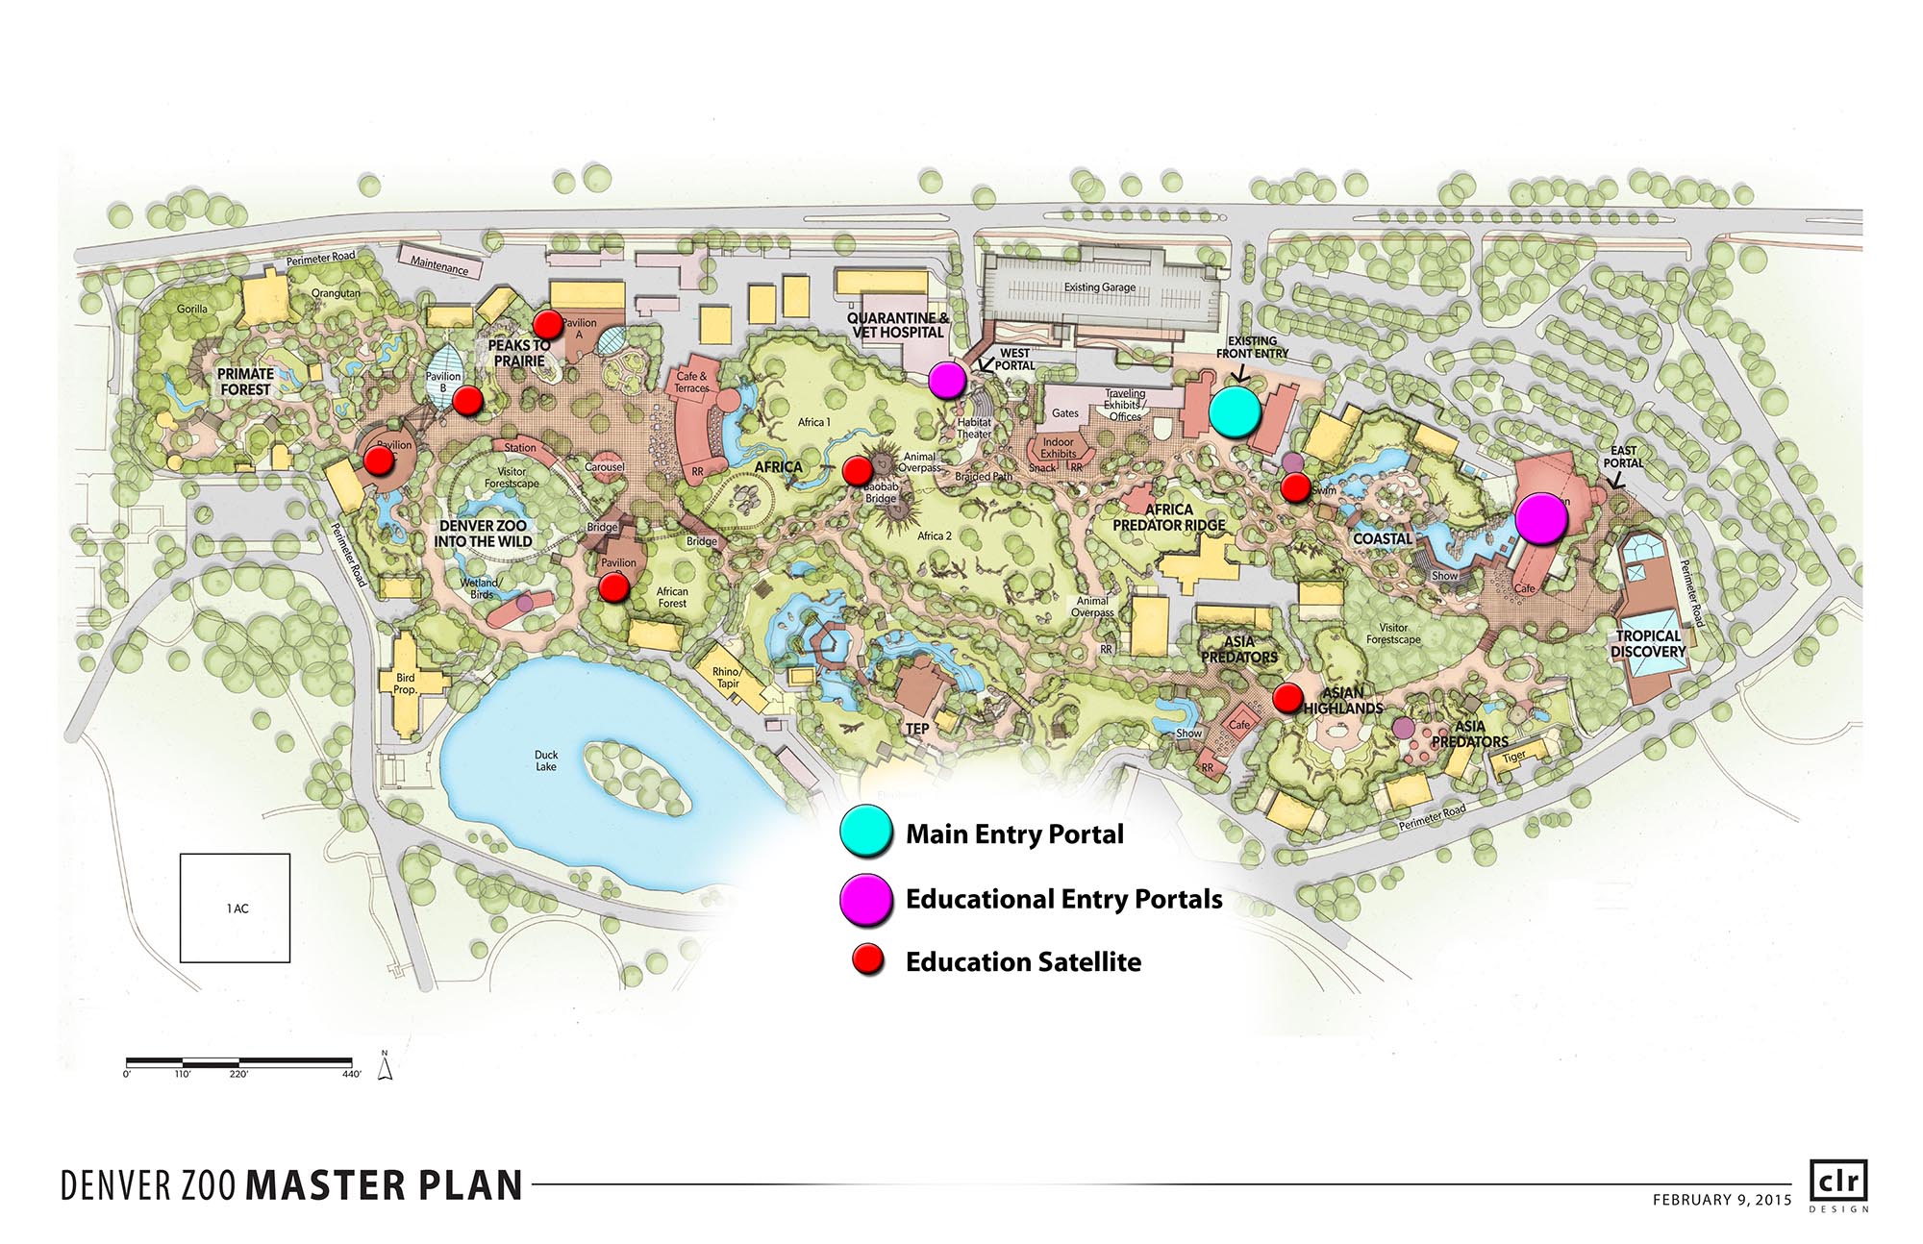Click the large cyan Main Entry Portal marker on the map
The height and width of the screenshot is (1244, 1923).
1235,411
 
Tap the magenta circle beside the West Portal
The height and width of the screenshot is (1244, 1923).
947,381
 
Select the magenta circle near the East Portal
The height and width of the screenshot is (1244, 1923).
1541,518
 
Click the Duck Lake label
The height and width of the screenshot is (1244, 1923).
546,760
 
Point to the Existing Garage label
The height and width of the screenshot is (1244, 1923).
1099,287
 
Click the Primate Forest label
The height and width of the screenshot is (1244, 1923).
245,382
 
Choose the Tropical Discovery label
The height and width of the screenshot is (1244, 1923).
1648,644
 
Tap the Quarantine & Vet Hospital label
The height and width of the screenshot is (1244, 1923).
898,325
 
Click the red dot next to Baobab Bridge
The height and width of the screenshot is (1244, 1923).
857,470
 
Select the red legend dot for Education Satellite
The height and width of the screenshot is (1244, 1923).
869,960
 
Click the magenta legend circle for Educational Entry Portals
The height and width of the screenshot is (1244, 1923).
865,900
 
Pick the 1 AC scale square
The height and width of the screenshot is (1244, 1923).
236,908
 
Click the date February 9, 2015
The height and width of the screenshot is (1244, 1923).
1721,1199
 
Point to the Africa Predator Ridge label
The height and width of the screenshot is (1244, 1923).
1169,517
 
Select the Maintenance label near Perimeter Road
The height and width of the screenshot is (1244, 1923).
439,264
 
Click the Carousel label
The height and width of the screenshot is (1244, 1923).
605,467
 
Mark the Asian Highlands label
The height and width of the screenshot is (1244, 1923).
1343,701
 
